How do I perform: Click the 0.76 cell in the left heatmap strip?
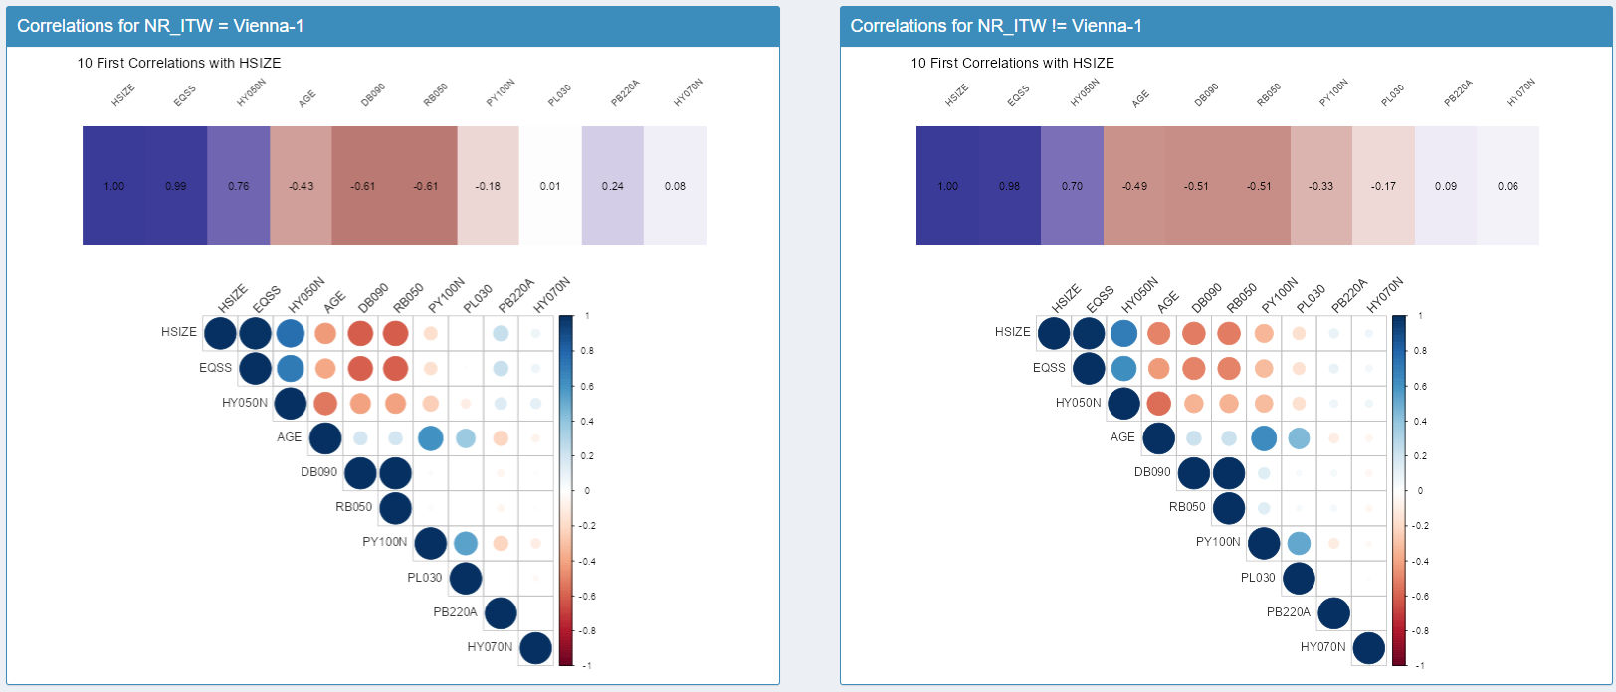239,186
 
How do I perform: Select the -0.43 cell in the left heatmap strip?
302,186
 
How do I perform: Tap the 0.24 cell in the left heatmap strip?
613,186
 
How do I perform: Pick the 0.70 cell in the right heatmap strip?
1072,186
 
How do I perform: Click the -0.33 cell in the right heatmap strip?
1320,186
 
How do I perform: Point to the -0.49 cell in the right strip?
1134,186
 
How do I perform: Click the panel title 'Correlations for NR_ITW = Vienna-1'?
160,26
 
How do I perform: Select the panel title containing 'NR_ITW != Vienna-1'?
996,26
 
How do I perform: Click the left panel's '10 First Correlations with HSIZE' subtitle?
179,63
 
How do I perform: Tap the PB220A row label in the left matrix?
455,612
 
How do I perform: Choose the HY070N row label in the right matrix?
1322,647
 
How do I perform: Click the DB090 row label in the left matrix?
318,472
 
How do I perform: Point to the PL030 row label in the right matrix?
1258,578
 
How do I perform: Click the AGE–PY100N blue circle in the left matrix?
431,437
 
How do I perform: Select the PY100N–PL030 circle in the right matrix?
1299,543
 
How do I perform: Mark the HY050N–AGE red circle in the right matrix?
1159,403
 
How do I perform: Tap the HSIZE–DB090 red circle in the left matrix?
360,333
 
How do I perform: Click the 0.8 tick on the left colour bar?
587,351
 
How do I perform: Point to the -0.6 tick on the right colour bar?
1421,597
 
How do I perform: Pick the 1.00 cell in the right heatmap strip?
947,186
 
